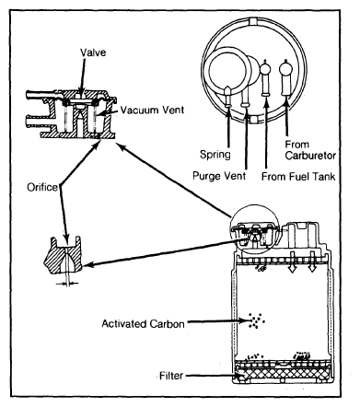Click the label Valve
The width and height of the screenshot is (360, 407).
(x=93, y=52)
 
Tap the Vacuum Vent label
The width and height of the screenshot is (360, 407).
(x=152, y=110)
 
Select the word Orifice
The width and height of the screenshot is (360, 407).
(x=42, y=187)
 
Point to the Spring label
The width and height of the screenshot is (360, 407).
(x=215, y=154)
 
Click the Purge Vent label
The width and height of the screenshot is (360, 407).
(x=219, y=176)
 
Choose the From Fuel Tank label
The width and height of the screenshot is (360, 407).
(x=298, y=177)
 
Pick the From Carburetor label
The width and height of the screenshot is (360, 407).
(x=310, y=150)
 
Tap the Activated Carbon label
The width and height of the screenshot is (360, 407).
(x=143, y=324)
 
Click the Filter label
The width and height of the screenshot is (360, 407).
(x=171, y=376)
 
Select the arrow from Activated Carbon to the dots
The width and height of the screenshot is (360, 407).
(x=217, y=321)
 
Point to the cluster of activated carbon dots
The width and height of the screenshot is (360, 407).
(x=256, y=320)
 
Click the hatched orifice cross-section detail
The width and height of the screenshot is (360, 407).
(x=64, y=255)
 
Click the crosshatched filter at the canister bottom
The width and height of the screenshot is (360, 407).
(x=283, y=374)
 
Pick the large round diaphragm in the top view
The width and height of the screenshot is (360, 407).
(x=227, y=70)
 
